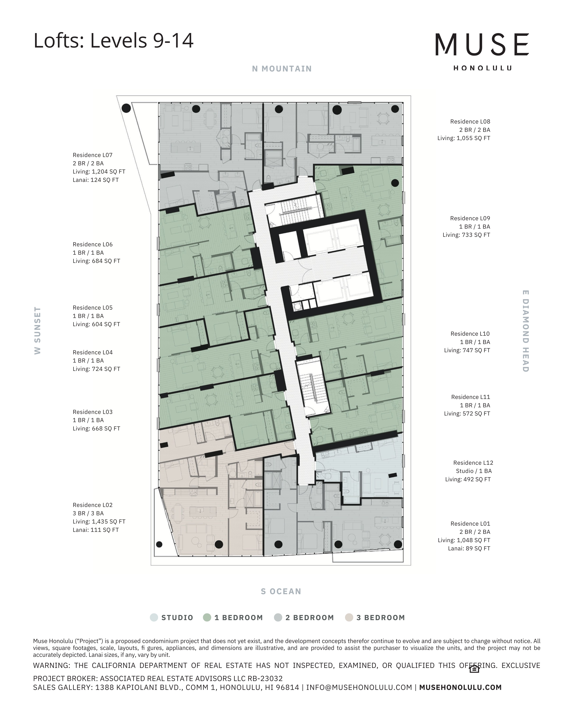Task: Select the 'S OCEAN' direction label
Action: tap(281, 591)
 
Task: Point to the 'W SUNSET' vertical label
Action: tap(38, 330)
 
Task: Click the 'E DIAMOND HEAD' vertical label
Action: tap(525, 331)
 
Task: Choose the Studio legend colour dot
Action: tap(154, 617)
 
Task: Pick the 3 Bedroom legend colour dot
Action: tap(349, 617)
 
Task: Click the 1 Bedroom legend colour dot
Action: tap(207, 617)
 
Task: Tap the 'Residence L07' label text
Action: tap(93, 155)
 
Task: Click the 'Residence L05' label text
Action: tap(93, 308)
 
